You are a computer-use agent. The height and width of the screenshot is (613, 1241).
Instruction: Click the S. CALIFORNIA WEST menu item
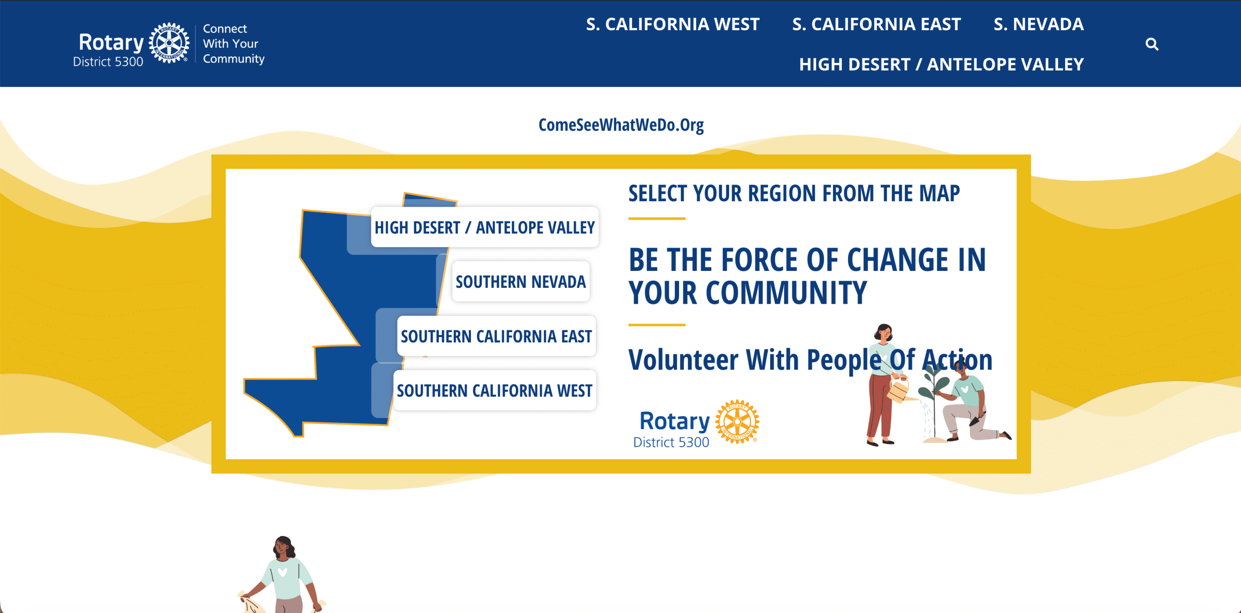[x=673, y=24]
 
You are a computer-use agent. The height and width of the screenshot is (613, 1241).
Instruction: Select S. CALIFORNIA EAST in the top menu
[x=876, y=24]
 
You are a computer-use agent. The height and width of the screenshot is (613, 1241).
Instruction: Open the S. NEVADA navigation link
[x=1038, y=24]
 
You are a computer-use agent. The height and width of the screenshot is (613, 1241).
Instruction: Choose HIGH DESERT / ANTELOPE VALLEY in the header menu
[x=942, y=64]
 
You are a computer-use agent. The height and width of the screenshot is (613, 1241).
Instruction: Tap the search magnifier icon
[x=1152, y=44]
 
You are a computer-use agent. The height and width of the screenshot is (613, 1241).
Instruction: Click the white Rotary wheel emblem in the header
[x=169, y=43]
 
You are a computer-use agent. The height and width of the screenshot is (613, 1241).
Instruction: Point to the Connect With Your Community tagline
[x=233, y=44]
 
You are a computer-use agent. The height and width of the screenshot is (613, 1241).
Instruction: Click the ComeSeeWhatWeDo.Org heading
[x=621, y=125]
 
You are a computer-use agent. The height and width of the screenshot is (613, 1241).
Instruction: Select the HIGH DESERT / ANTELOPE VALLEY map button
[x=485, y=227]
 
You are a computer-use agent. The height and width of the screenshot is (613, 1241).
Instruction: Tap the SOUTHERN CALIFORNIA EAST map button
[x=496, y=336]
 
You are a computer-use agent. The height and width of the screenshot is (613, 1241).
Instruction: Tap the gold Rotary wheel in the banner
[x=737, y=422]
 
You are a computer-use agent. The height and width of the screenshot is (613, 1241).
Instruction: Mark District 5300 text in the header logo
[x=108, y=62]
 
